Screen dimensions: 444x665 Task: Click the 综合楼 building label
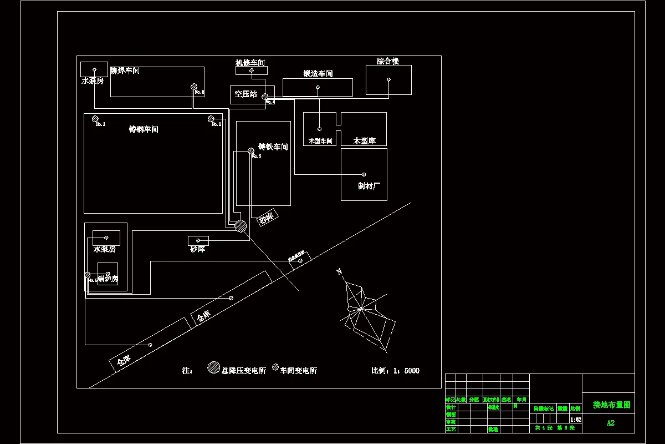(388, 61)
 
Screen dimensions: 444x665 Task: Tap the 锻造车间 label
(318, 74)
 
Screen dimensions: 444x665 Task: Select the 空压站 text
(245, 94)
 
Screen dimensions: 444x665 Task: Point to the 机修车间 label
(250, 63)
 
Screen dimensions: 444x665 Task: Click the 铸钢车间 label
(144, 129)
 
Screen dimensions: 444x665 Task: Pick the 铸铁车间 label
(273, 147)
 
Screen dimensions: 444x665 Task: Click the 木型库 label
(365, 141)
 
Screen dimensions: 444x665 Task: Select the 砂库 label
(198, 249)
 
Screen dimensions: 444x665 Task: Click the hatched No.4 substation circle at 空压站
(265, 97)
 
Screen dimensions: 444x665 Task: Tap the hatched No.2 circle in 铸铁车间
(251, 150)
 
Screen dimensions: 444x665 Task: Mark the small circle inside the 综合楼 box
(388, 80)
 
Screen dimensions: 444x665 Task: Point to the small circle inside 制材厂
(364, 174)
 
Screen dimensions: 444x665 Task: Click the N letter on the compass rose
(339, 271)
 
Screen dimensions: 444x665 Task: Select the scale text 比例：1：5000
(395, 371)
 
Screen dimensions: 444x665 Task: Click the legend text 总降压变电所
(243, 370)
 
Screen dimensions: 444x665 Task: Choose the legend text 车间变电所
(298, 371)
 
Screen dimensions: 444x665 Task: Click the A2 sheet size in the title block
(610, 423)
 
